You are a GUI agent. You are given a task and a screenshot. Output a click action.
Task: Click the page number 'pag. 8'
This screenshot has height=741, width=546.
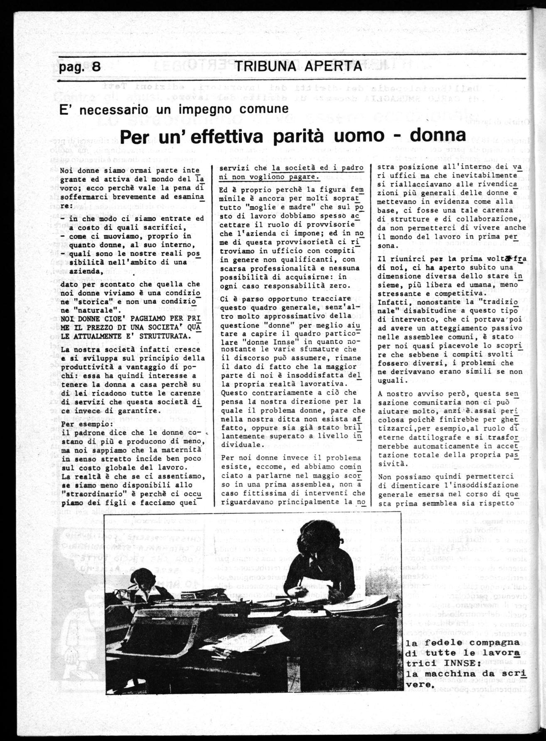click(80, 67)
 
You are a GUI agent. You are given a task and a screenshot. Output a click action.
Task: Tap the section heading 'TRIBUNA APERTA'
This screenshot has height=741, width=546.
click(298, 67)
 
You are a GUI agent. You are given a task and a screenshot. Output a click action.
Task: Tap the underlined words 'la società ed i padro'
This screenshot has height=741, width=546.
click(317, 168)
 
